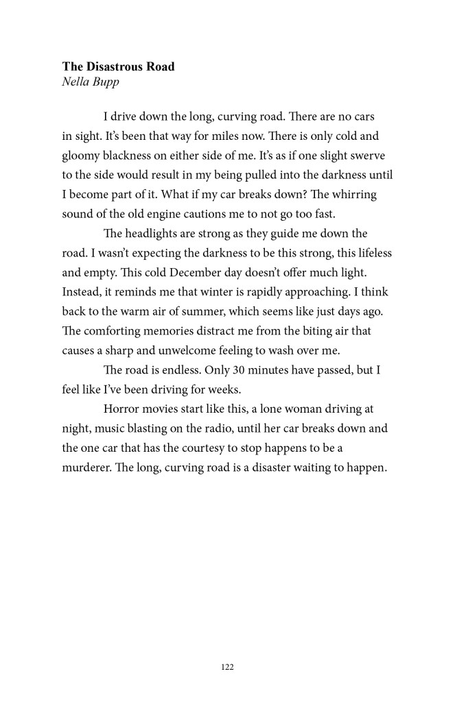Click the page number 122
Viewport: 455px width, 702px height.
(x=227, y=666)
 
